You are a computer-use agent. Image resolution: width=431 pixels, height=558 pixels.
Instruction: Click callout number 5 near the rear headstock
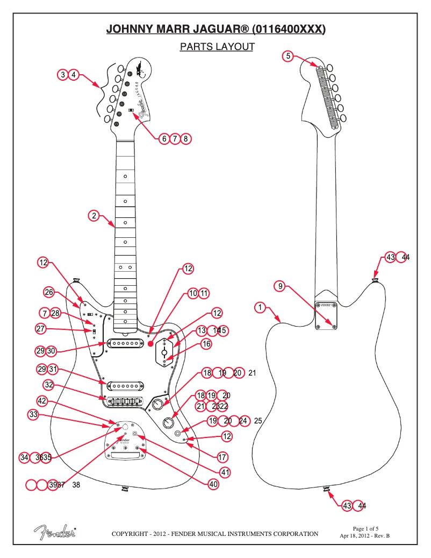pyautogui.click(x=288, y=56)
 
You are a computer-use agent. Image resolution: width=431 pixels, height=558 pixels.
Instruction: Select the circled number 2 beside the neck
pyautogui.click(x=94, y=216)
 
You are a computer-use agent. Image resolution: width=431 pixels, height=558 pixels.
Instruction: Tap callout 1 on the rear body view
pyautogui.click(x=260, y=308)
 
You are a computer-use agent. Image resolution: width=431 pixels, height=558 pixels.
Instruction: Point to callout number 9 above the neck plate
pyautogui.click(x=279, y=286)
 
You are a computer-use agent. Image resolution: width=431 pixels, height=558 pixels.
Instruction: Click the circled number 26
pyautogui.click(x=49, y=292)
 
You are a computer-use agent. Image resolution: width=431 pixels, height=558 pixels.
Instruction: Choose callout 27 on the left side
pyautogui.click(x=41, y=329)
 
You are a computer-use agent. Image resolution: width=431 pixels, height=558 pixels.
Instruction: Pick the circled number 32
pyautogui.click(x=49, y=385)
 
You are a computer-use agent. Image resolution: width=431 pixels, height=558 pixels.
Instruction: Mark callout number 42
pyautogui.click(x=42, y=401)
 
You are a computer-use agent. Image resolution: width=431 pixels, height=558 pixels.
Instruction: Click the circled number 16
pyautogui.click(x=206, y=344)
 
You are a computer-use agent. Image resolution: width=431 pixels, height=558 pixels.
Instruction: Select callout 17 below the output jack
pyautogui.click(x=222, y=457)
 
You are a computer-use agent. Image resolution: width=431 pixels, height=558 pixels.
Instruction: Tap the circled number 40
pyautogui.click(x=214, y=484)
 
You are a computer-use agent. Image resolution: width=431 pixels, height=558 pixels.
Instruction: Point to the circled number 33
pyautogui.click(x=34, y=415)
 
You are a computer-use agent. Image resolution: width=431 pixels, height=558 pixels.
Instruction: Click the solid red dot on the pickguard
pyautogui.click(x=151, y=343)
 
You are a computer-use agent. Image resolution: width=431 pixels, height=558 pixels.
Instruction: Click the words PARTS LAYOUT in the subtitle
pyautogui.click(x=217, y=47)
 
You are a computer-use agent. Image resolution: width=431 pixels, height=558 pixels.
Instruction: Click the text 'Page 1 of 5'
pyautogui.click(x=365, y=528)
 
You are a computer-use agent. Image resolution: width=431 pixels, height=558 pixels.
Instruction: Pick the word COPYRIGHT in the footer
pyautogui.click(x=130, y=534)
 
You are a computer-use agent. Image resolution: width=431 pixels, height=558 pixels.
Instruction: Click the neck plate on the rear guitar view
pyautogui.click(x=327, y=316)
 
